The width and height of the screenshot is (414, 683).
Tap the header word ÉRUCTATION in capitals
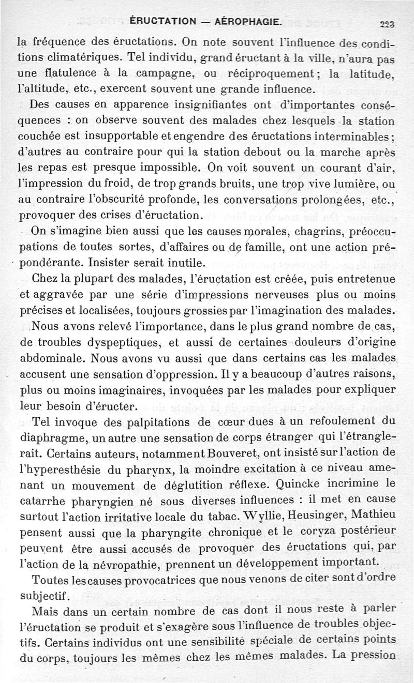pyautogui.click(x=163, y=22)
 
